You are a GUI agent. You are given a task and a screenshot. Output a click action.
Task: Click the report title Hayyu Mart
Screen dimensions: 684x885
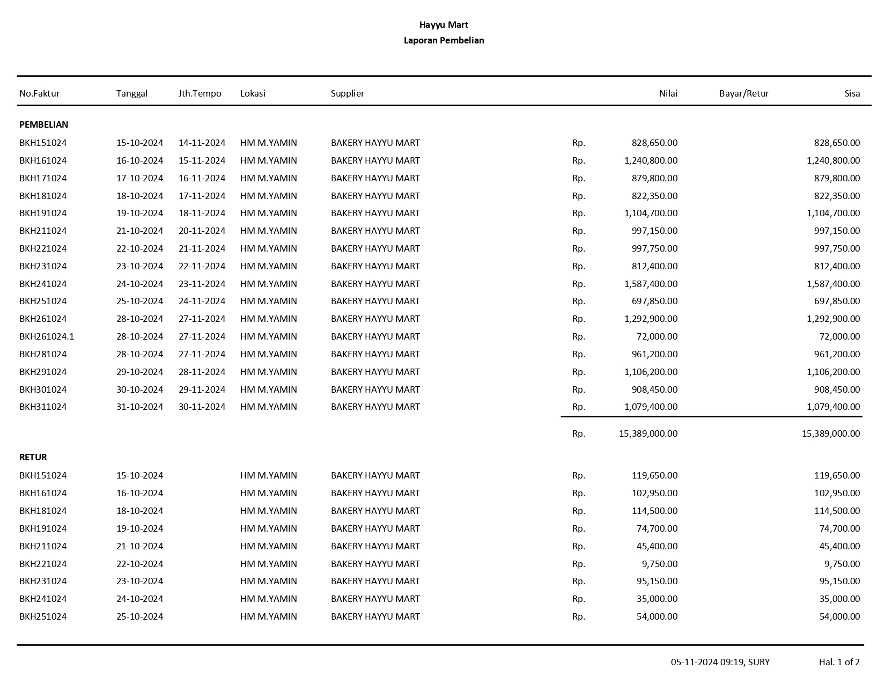(444, 25)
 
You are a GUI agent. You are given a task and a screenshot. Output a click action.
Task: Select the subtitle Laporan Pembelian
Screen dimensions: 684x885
(444, 40)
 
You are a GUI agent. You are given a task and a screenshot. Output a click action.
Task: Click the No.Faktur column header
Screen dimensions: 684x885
(40, 93)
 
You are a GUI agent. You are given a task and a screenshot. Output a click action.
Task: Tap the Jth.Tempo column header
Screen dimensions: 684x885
(200, 93)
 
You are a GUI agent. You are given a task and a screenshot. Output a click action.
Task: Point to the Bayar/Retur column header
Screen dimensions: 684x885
(743, 93)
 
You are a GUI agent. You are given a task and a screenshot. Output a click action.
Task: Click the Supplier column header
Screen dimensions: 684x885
(347, 93)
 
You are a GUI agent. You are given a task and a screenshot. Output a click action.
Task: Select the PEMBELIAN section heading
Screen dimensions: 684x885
(43, 124)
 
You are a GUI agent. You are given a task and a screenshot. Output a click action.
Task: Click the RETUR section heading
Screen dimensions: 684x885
(33, 457)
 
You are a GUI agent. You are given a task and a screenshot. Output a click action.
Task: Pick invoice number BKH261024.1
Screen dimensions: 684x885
(47, 336)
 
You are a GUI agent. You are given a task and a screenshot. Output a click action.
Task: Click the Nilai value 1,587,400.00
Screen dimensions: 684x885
(651, 284)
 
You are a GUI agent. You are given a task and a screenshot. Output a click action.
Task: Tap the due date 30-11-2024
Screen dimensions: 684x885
(202, 407)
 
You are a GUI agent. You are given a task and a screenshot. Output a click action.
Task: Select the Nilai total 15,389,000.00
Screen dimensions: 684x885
(648, 433)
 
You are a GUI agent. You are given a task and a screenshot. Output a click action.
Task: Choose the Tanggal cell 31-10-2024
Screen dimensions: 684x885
(139, 407)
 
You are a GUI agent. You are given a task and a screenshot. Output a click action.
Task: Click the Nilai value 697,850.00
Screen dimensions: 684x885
(654, 301)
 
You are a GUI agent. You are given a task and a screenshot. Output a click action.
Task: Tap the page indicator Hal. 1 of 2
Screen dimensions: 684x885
(839, 662)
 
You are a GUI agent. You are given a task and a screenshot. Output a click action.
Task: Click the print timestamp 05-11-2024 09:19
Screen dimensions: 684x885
(707, 662)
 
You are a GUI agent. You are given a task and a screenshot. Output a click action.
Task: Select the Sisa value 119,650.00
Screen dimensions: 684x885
(837, 475)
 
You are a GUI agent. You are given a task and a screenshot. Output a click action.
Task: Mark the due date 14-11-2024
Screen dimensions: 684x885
(202, 143)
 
